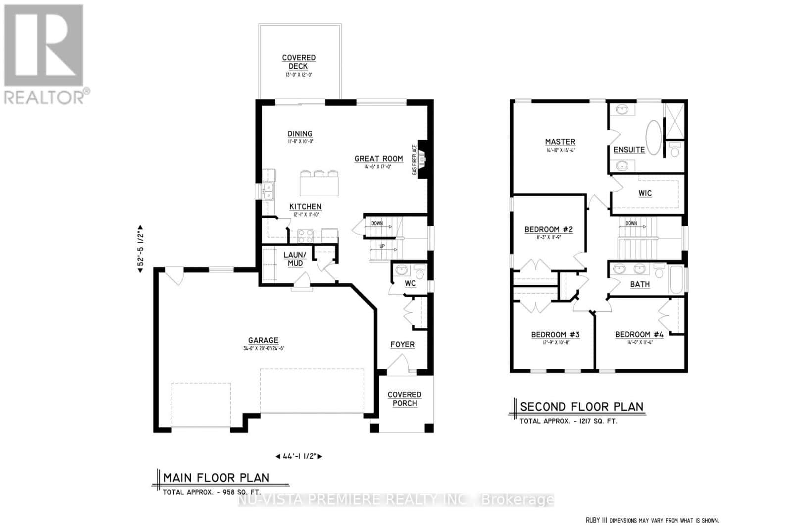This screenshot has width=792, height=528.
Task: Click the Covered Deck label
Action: point(298,62)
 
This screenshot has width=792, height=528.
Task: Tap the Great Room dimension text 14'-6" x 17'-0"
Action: point(379,167)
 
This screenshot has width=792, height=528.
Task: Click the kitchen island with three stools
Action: point(320,183)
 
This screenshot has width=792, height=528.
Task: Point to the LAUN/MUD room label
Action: point(295,259)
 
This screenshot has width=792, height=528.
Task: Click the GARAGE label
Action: point(263,340)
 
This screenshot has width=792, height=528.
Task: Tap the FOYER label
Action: point(402,344)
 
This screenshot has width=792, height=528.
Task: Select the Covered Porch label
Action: point(404,399)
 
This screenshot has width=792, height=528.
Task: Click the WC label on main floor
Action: point(410,283)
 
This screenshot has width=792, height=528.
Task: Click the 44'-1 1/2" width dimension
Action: point(298,456)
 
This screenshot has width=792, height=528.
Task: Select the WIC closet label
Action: point(645,193)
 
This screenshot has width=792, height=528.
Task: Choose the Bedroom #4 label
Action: point(639,334)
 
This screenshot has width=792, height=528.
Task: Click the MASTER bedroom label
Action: point(560,142)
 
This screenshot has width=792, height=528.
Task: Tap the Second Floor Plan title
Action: point(582,407)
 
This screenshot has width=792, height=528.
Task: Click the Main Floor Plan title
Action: point(216,477)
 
